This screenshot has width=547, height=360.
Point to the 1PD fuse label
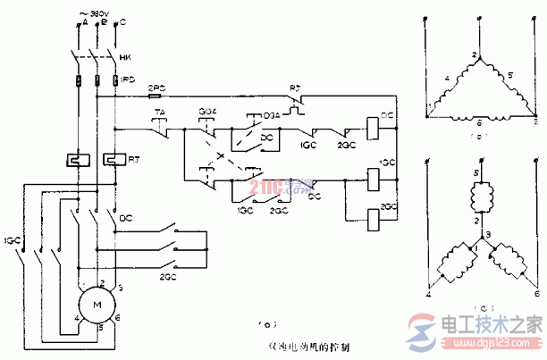point(128,80)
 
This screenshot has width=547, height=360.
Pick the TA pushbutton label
point(161,112)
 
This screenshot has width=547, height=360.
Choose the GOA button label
point(206,112)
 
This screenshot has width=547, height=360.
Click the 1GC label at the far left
point(11,240)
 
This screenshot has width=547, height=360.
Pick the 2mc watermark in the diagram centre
point(269,188)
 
